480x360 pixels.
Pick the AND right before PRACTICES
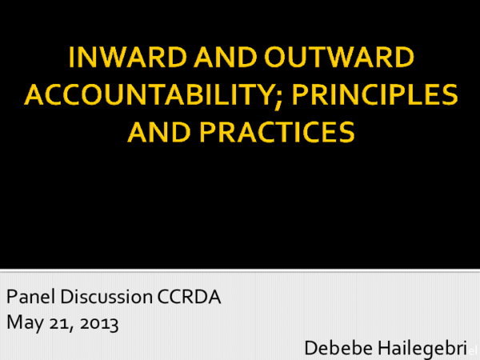[159, 131]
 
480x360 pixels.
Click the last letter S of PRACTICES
[346, 131]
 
